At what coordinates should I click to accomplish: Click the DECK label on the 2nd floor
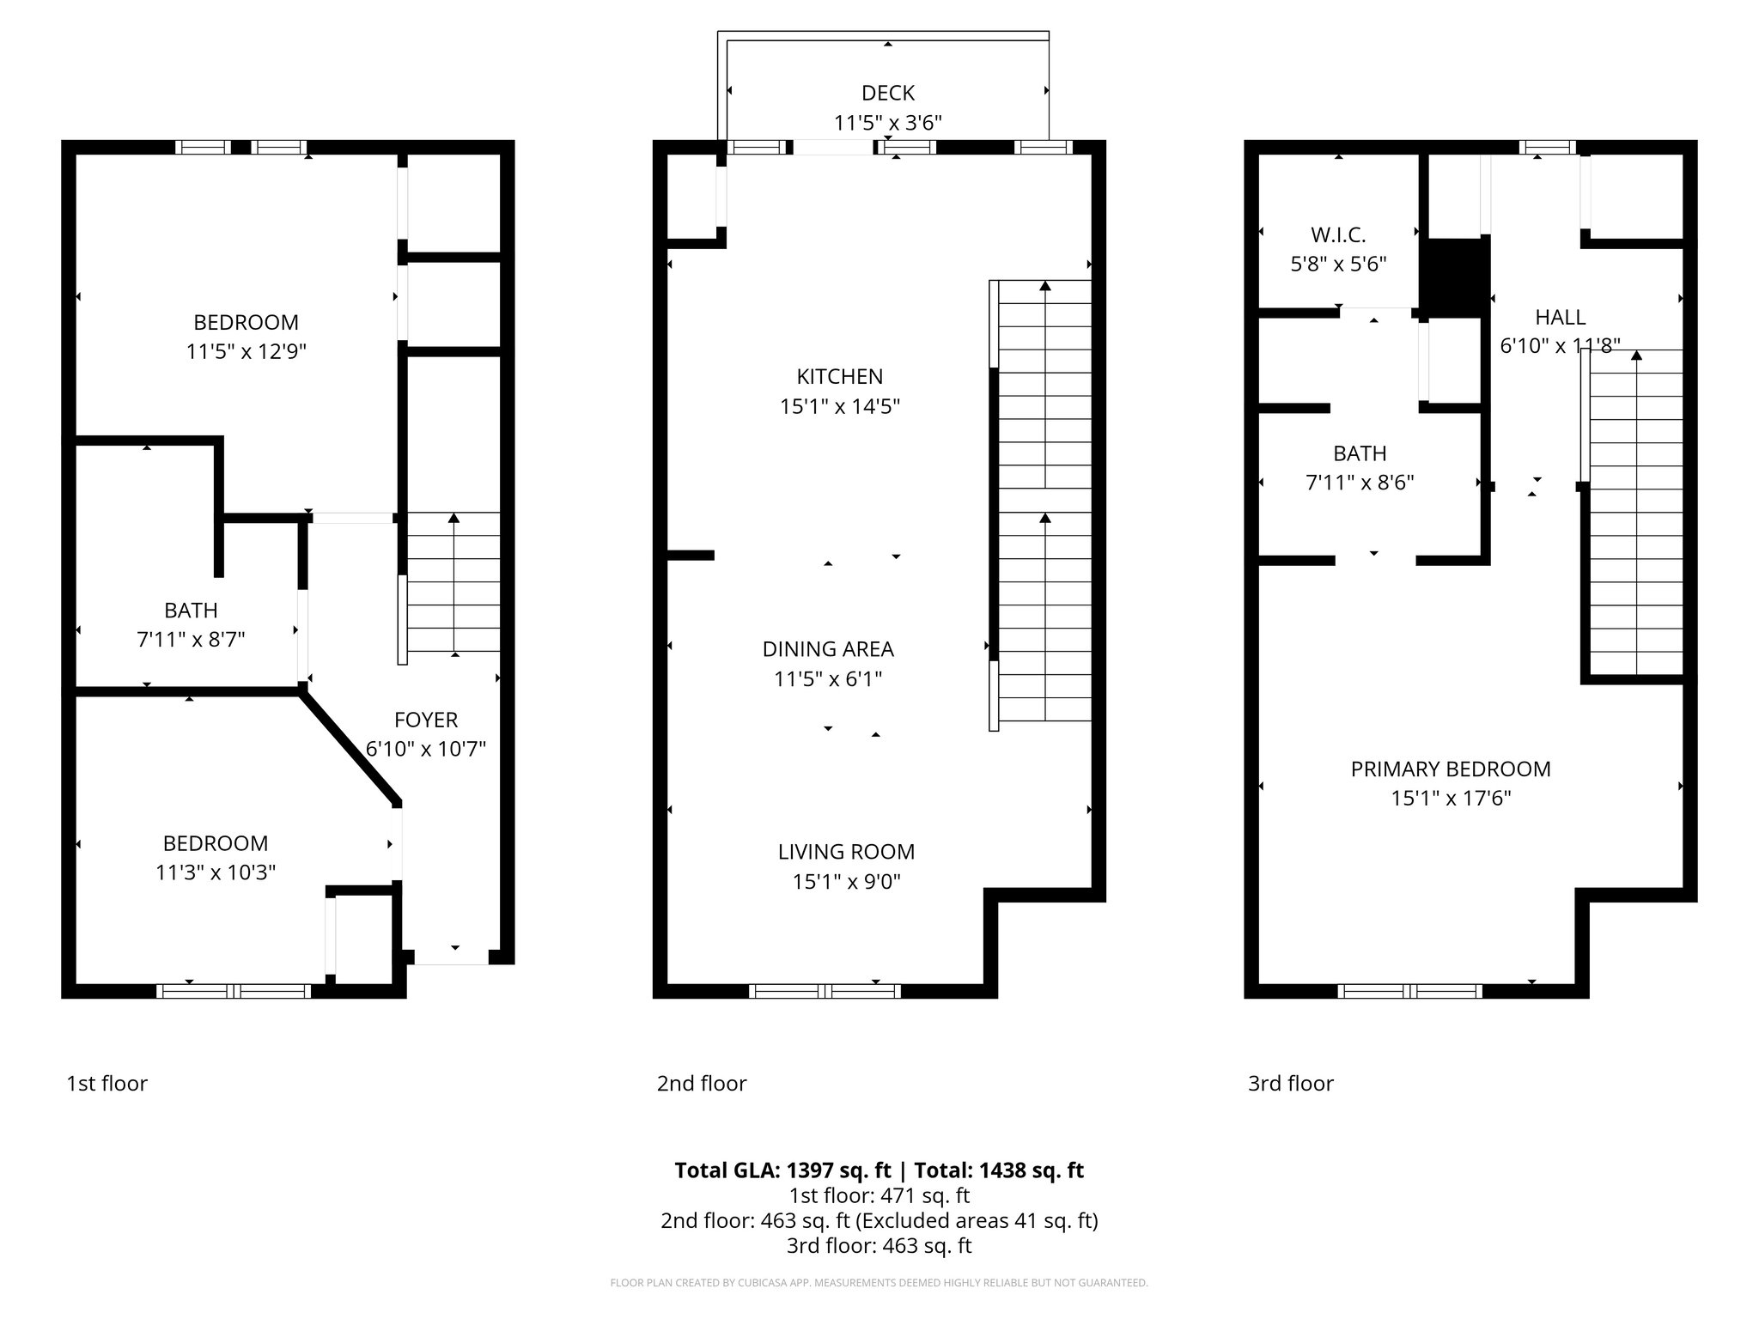[887, 93]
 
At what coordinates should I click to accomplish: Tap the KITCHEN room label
[839, 376]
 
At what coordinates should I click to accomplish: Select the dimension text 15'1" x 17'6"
[1451, 798]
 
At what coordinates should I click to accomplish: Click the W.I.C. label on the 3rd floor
[1338, 234]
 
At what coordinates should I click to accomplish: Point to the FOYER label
[426, 720]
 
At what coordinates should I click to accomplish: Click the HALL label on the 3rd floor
[1560, 317]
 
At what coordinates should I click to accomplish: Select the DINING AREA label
[828, 649]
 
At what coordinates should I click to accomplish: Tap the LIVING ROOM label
[846, 852]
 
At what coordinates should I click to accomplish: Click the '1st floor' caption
[107, 1083]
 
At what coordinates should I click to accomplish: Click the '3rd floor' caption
[1290, 1083]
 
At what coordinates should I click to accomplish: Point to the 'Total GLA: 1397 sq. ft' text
[782, 1170]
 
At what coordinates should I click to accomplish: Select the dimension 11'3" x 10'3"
[216, 872]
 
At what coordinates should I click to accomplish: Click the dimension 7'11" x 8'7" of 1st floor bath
[191, 640]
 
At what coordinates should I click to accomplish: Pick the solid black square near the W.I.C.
[1453, 277]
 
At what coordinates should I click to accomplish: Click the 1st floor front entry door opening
[453, 957]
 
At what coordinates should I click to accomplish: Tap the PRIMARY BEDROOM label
[1451, 769]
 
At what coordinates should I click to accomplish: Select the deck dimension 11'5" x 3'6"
[887, 123]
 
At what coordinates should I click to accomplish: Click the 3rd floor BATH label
[1360, 453]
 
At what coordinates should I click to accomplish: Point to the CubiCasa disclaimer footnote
[879, 1283]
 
